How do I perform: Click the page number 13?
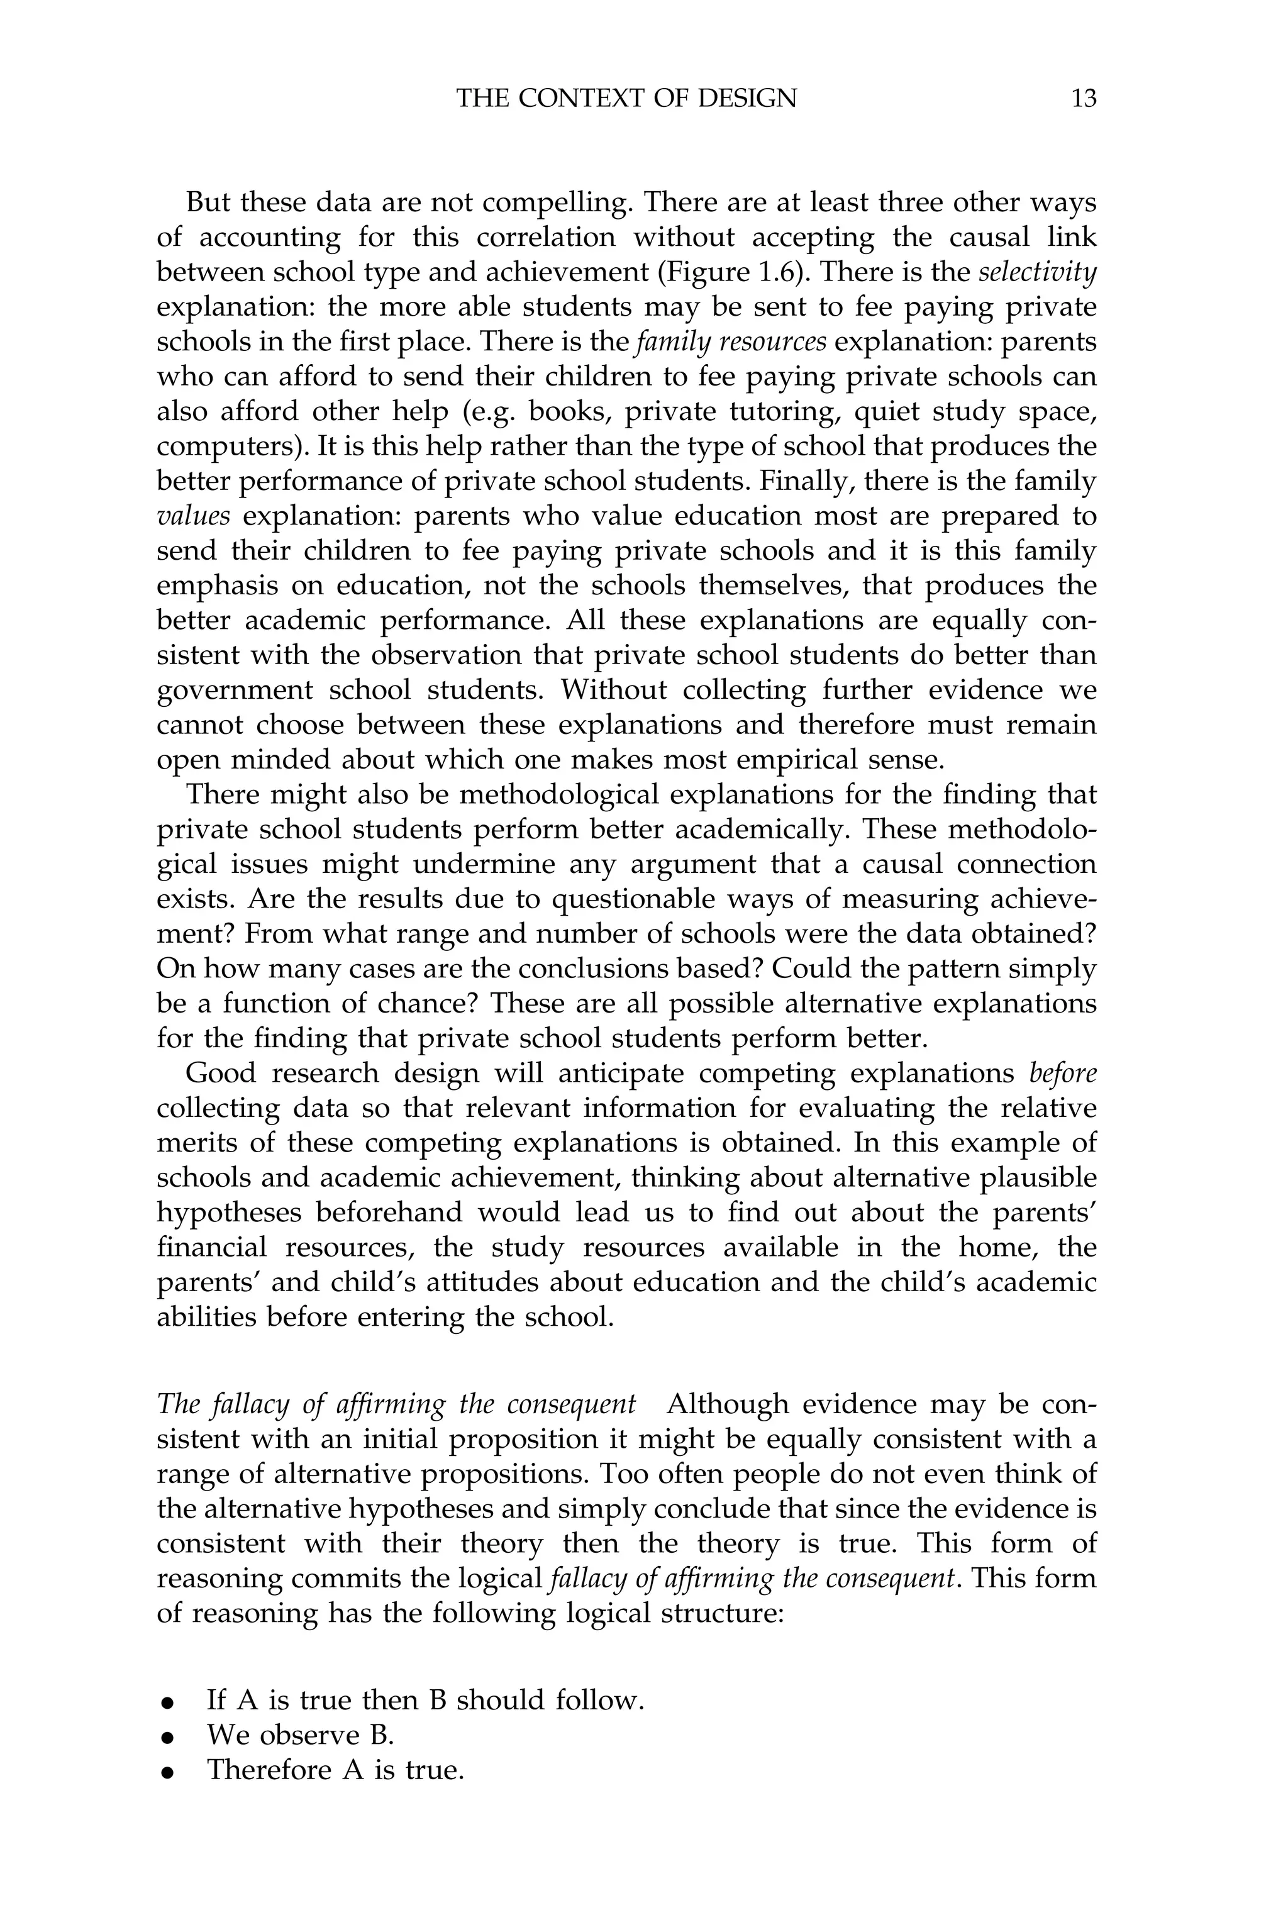1084,99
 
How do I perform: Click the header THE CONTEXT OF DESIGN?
626,99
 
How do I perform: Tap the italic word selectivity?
1038,272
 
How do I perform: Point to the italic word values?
193,516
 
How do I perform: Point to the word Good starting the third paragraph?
220,1074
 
